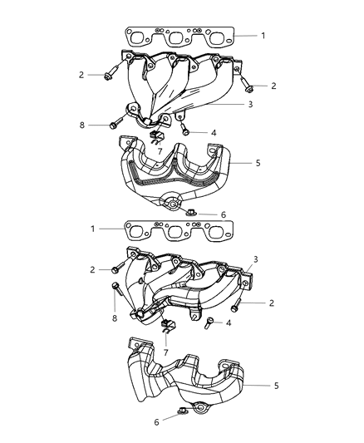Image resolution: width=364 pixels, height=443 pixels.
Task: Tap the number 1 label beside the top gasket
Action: pyautogui.click(x=263, y=35)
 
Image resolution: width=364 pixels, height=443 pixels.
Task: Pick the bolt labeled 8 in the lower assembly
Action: pyautogui.click(x=116, y=290)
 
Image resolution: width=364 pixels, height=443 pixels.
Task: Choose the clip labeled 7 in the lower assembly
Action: pyautogui.click(x=166, y=325)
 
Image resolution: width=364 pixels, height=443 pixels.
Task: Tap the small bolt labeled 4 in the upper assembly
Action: pyautogui.click(x=187, y=130)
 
